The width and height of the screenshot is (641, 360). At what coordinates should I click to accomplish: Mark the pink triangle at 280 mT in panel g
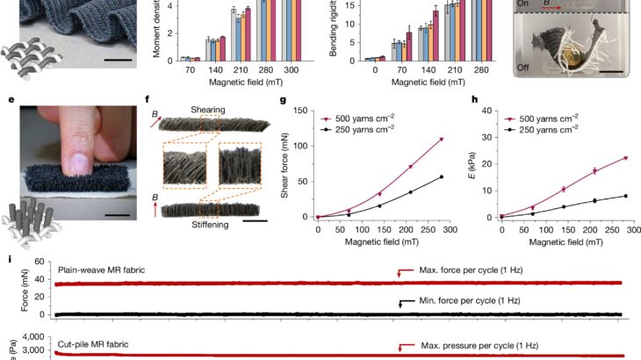(x=441, y=140)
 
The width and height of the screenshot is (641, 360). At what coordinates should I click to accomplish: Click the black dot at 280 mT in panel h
(x=627, y=196)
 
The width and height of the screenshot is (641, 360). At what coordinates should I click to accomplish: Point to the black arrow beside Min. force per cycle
(x=400, y=303)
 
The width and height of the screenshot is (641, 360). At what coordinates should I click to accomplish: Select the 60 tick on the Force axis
(x=38, y=263)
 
